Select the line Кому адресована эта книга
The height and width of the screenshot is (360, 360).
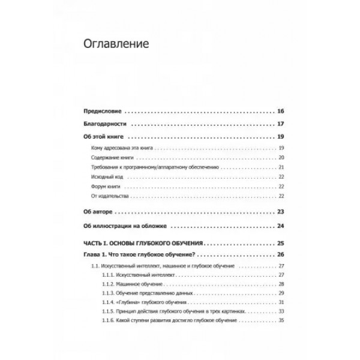click(117, 148)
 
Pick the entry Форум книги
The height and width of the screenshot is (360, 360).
click(103, 187)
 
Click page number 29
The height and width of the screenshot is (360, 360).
click(281, 293)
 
